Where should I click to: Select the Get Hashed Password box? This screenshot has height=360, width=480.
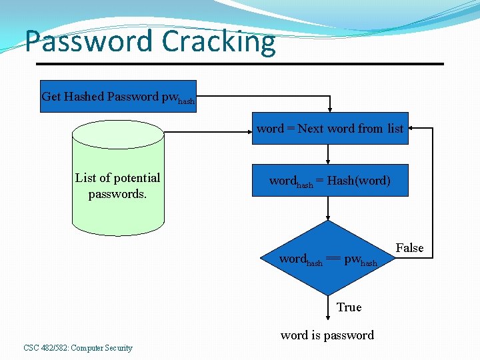click(x=118, y=97)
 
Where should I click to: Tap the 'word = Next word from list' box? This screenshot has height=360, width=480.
click(x=329, y=129)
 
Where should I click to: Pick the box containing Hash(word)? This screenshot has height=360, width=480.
click(x=329, y=181)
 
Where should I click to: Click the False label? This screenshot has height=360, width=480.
click(x=409, y=248)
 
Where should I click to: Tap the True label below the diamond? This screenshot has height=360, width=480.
click(x=349, y=307)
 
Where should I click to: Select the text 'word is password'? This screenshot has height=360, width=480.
click(x=327, y=335)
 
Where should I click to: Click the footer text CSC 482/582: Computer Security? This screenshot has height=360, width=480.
click(x=77, y=347)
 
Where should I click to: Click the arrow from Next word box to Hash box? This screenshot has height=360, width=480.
click(x=328, y=155)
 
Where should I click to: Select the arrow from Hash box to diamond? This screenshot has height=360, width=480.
click(x=328, y=208)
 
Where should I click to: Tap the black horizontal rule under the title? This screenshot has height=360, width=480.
click(x=240, y=64)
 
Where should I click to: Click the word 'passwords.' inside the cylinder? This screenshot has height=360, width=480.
click(x=117, y=194)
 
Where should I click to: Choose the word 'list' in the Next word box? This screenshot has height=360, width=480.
click(x=395, y=129)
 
